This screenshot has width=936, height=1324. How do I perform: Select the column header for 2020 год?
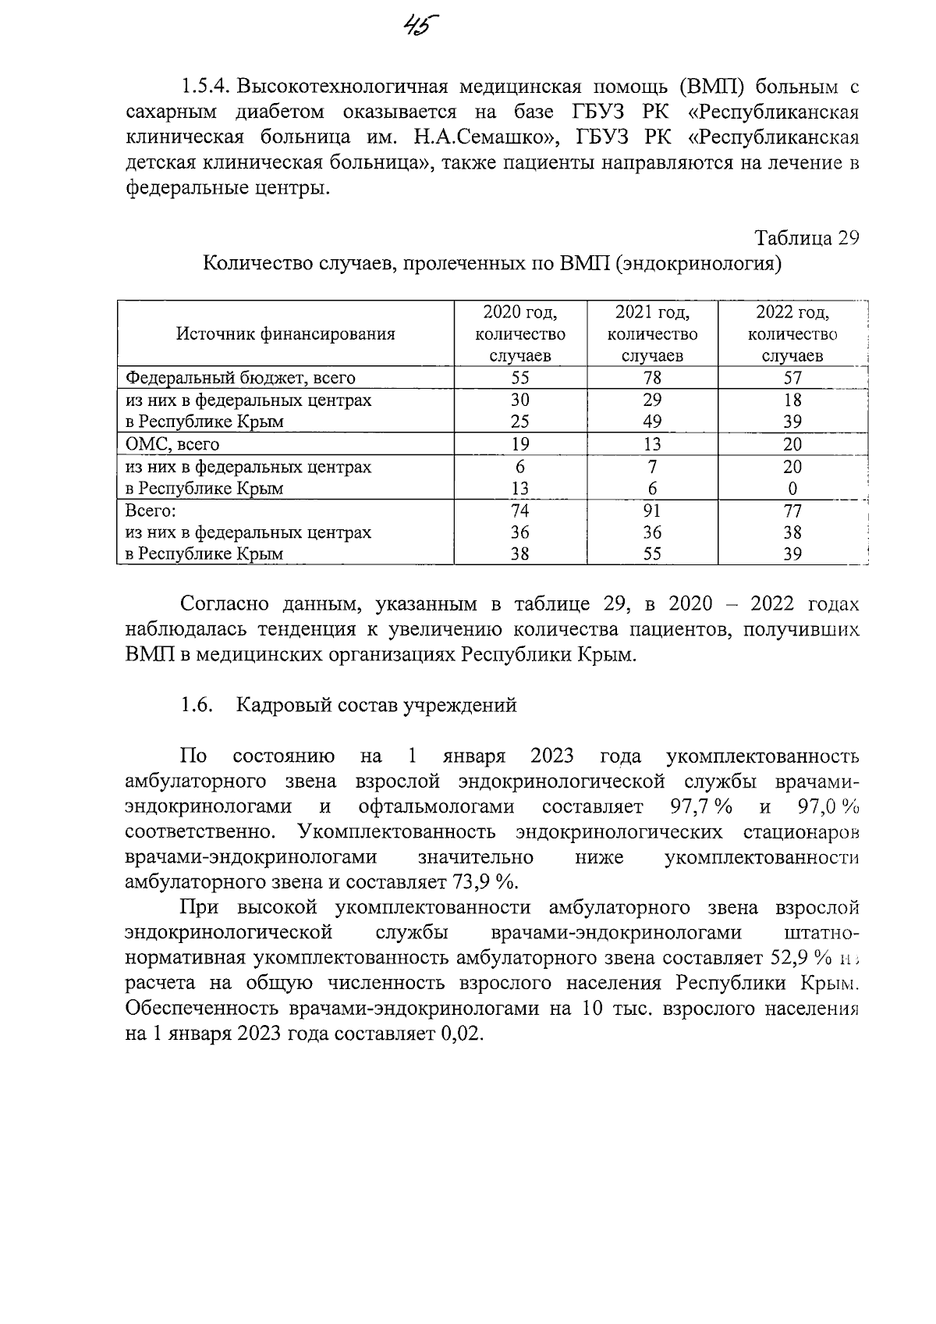pyautogui.click(x=519, y=334)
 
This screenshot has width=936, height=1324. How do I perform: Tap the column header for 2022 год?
pyautogui.click(x=792, y=334)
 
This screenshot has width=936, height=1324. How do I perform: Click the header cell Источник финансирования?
pyautogui.click(x=285, y=334)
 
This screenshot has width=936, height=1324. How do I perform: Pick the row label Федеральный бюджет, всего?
pyautogui.click(x=240, y=379)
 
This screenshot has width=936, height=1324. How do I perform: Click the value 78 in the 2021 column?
pyautogui.click(x=652, y=379)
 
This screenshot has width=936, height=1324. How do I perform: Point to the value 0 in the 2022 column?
pyautogui.click(x=792, y=489)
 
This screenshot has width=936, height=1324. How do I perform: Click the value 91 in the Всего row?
pyautogui.click(x=652, y=511)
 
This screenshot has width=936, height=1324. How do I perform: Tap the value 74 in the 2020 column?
pyautogui.click(x=519, y=511)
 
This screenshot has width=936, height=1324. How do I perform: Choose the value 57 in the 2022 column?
pyautogui.click(x=792, y=379)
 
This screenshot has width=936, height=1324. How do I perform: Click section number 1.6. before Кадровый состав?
pyautogui.click(x=197, y=705)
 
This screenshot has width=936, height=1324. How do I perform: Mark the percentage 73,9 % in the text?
pyautogui.click(x=484, y=882)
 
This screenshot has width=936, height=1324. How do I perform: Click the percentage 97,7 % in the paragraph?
pyautogui.click(x=700, y=806)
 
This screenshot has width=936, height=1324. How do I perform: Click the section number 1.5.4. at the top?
pyautogui.click(x=206, y=86)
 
